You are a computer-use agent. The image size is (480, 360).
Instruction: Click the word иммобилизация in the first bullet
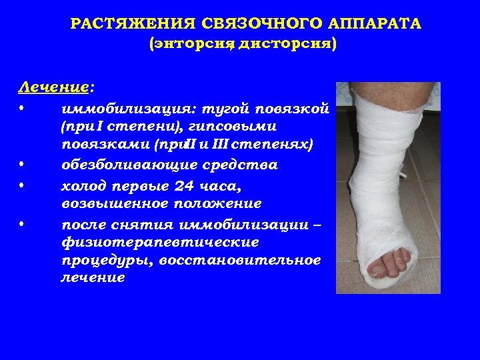tap(114, 107)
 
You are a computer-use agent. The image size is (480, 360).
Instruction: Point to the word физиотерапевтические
tap(150, 241)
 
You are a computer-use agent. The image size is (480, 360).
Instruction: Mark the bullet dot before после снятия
tap(22, 222)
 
